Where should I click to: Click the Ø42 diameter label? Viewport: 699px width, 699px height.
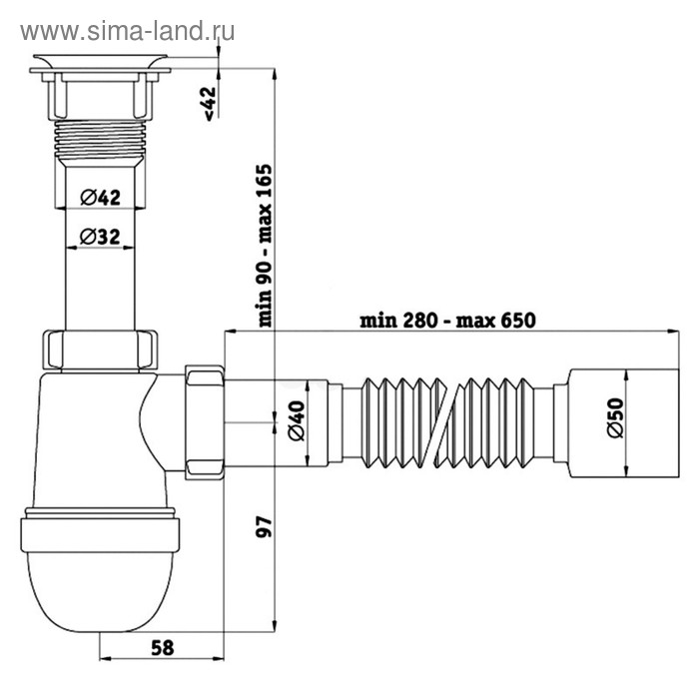tap(99, 198)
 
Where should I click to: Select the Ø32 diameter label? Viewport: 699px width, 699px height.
tap(99, 237)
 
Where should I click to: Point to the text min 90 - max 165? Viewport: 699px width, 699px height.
tap(266, 245)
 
